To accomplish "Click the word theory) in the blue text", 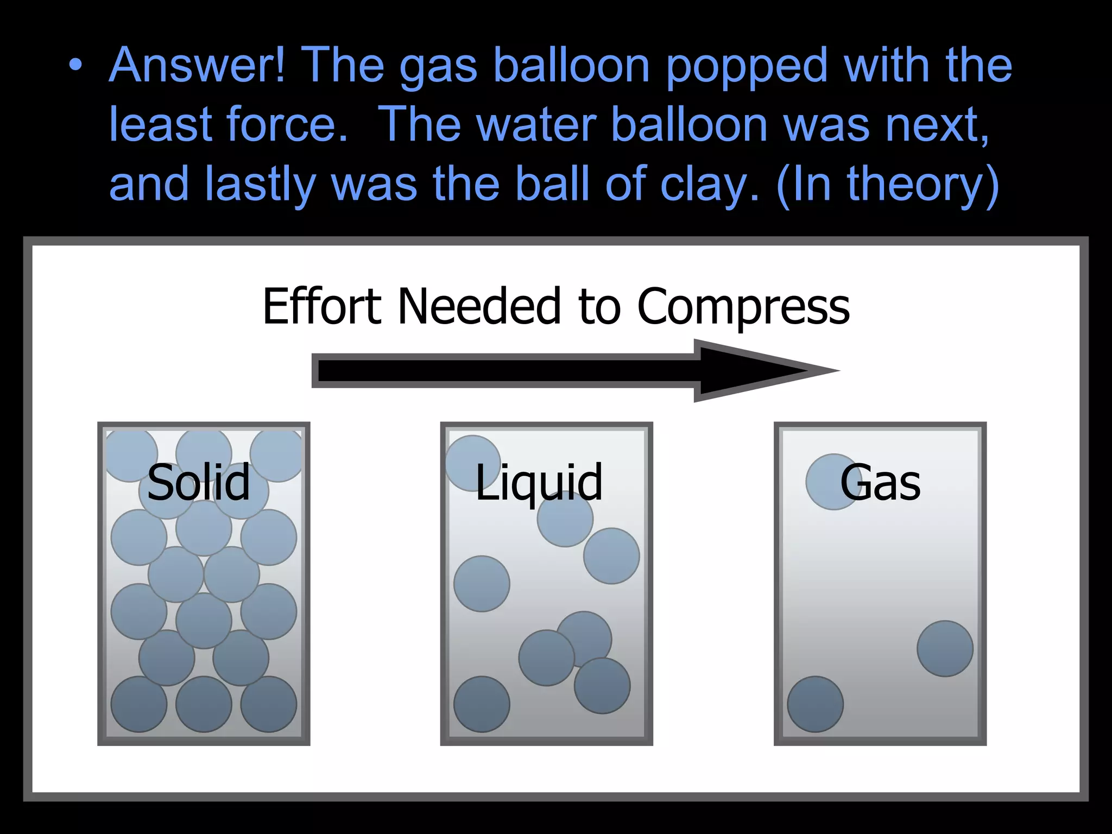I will coord(923,185).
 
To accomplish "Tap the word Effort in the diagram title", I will coord(321,306).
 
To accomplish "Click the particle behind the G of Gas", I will coord(831,482).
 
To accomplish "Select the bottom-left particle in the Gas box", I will coord(815,704).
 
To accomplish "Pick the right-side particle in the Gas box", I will coord(945,648).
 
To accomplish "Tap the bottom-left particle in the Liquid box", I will coord(482,704).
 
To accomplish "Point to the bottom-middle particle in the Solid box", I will coord(204,704).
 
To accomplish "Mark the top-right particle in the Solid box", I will coord(277,455).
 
